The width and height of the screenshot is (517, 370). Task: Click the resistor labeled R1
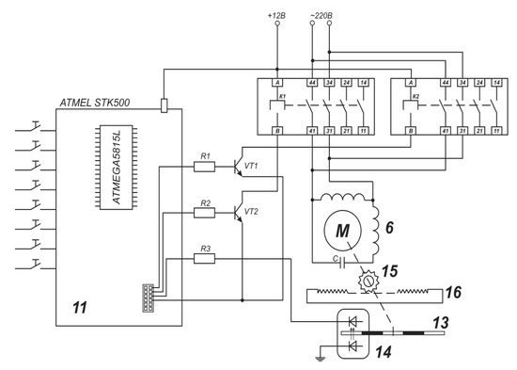pyautogui.click(x=206, y=167)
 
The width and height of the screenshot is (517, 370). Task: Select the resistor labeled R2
pyautogui.click(x=206, y=213)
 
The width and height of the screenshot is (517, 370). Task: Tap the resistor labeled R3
pyautogui.click(x=206, y=257)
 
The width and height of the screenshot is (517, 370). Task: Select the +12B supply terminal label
pyautogui.click(x=276, y=16)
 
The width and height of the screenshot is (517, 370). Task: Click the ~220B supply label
pyautogui.click(x=321, y=16)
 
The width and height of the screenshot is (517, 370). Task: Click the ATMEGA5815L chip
pyautogui.click(x=111, y=170)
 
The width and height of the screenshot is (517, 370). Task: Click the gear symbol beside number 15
pyautogui.click(x=368, y=281)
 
